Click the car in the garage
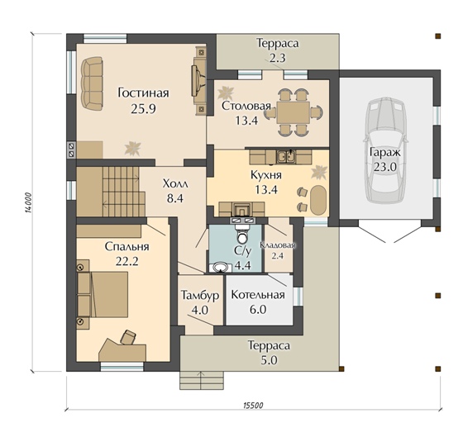tap(384, 151)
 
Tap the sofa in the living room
tap(92, 83)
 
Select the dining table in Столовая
tap(293, 112)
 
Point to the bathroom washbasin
tap(220, 267)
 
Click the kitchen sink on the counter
tap(286, 157)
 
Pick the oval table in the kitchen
tap(318, 200)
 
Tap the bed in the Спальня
tap(103, 294)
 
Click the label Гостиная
tap(144, 93)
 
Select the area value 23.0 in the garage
tap(384, 167)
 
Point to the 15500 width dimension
tap(253, 405)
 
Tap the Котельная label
tap(258, 294)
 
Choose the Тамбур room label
tap(200, 295)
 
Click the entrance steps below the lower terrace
tap(202, 380)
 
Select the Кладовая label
tap(278, 245)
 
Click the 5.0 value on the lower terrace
tap(270, 360)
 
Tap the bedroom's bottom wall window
tap(122, 367)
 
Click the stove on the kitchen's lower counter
tap(241, 210)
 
